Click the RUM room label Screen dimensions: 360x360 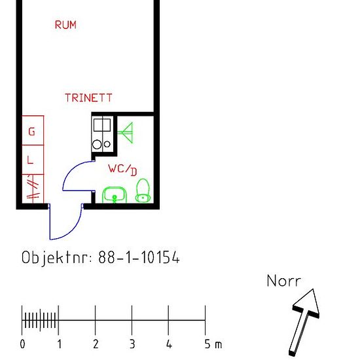pyautogui.click(x=65, y=25)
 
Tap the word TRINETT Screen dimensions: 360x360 pyautogui.click(x=88, y=98)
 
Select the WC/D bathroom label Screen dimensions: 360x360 pyautogui.click(x=122, y=170)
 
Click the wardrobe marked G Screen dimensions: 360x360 pyautogui.click(x=33, y=130)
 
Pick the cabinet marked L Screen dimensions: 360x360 pyautogui.click(x=33, y=160)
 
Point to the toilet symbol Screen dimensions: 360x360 pyautogui.click(x=143, y=190)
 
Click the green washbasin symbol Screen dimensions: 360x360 pyautogui.click(x=115, y=195)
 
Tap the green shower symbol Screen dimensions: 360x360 pyautogui.click(x=126, y=132)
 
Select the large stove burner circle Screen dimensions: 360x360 pyautogui.click(x=97, y=145)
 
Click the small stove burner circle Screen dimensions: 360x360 pyautogui.click(x=107, y=144)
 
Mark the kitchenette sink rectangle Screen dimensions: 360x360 pyautogui.click(x=102, y=125)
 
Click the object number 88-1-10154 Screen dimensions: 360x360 pyautogui.click(x=139, y=257)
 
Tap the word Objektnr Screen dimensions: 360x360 pyautogui.click(x=57, y=258)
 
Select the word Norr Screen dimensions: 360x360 pyautogui.click(x=284, y=281)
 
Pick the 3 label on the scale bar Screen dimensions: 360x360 pyautogui.click(x=132, y=344)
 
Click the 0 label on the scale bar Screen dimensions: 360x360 pyautogui.click(x=22, y=344)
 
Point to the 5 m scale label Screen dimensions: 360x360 pyautogui.click(x=213, y=344)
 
